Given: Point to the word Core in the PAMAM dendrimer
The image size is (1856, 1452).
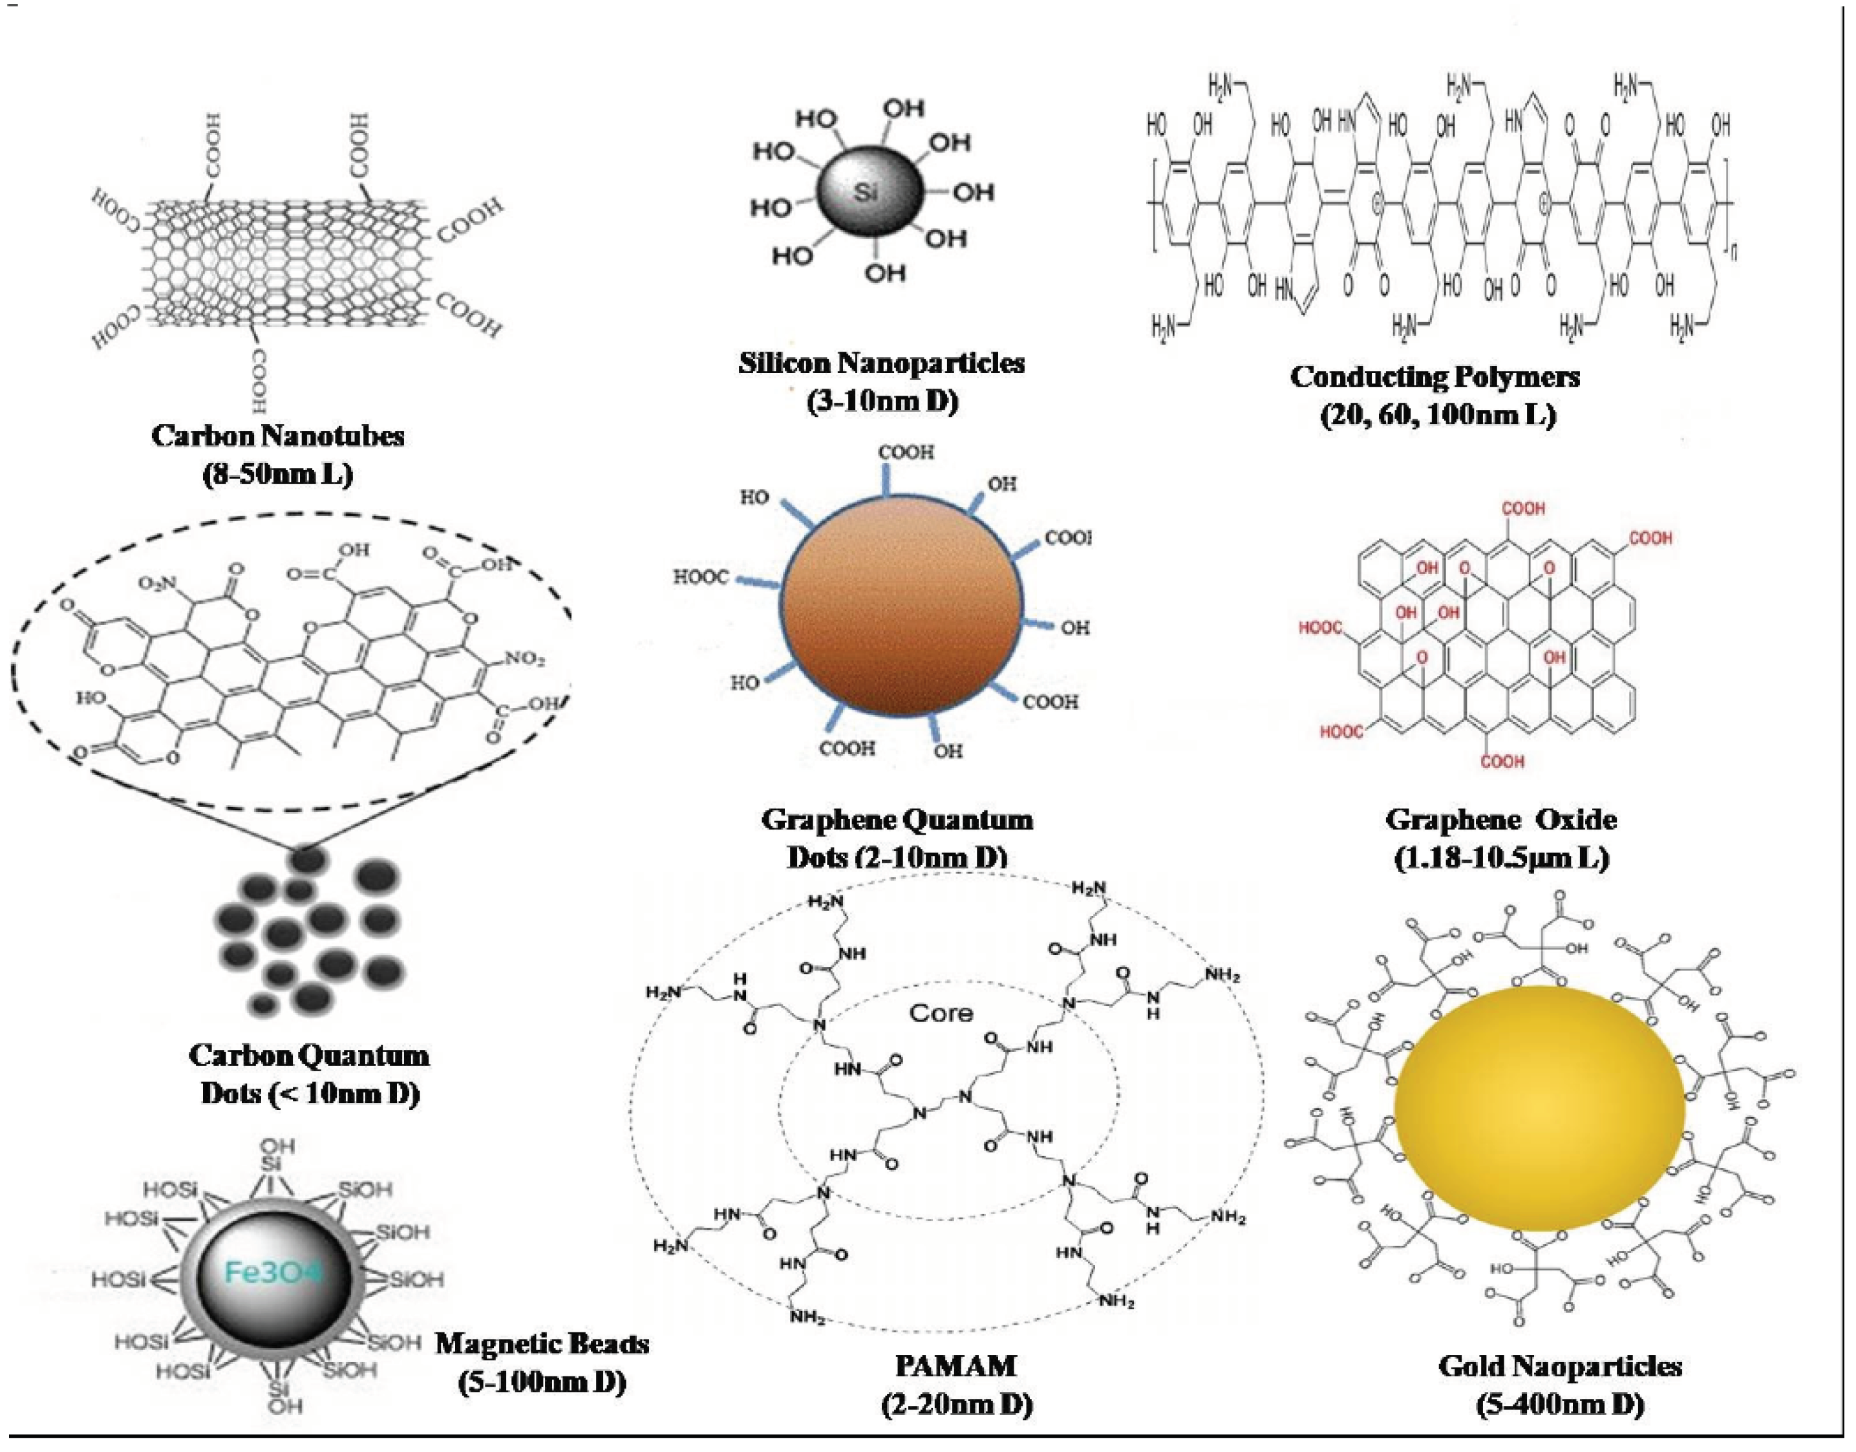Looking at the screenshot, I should point(941,1012).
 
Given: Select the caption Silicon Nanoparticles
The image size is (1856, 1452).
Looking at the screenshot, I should point(882,363).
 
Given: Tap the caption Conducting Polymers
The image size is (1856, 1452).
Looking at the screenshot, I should point(1435,377).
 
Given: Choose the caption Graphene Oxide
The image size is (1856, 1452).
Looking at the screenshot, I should point(1502,820).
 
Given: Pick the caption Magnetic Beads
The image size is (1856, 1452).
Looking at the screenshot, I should point(542,1343).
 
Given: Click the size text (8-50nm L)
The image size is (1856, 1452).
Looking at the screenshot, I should point(278,473).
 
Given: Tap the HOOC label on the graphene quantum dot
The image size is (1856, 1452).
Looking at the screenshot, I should point(701,578).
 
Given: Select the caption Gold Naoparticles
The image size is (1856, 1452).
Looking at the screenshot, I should point(1560,1366).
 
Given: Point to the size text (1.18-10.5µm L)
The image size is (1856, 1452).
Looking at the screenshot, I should point(1502,858).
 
